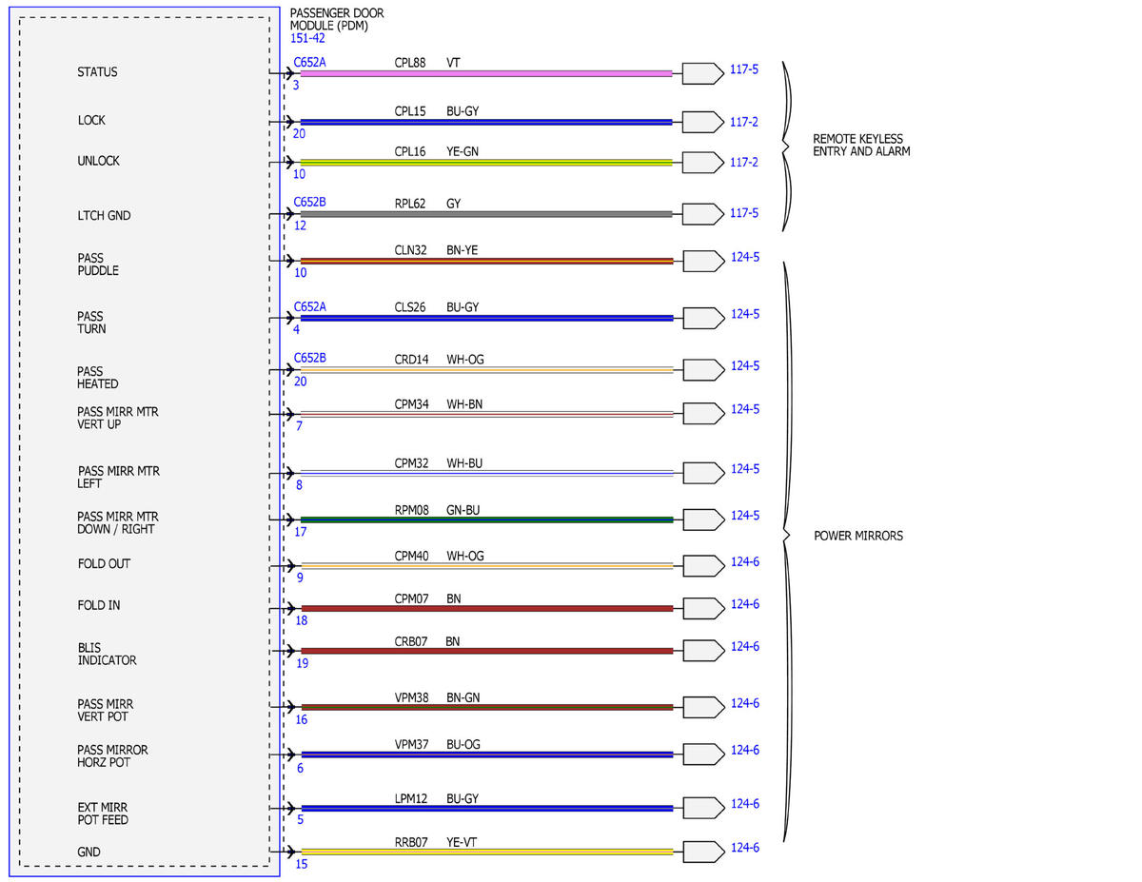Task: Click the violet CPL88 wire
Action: pos(485,73)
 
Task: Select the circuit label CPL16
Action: pos(410,152)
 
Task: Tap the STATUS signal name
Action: pos(97,72)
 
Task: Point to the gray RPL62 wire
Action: pos(485,214)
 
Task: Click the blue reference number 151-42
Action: pos(307,38)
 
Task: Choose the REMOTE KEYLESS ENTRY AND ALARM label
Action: pos(861,145)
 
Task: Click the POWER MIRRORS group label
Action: pos(858,536)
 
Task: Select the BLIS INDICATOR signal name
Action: pos(108,654)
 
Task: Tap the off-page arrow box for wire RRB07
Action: pos(703,853)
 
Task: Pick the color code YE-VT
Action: pos(462,843)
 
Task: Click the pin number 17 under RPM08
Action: pos(300,532)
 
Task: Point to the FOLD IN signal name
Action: pos(99,606)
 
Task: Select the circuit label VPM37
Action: pos(411,745)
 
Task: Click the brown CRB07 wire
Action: pos(486,651)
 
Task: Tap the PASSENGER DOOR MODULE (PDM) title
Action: pos(337,19)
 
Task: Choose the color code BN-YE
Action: pos(462,250)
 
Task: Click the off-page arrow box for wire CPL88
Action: pos(702,73)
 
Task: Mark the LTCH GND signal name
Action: pos(104,216)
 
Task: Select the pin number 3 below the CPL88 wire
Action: pos(296,85)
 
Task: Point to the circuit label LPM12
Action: pos(411,799)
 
